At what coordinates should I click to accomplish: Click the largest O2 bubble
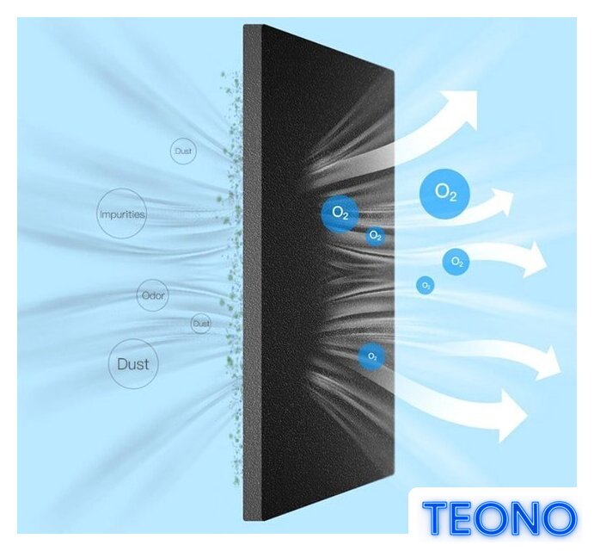(x=444, y=194)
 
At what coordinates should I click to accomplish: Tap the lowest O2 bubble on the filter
(x=372, y=356)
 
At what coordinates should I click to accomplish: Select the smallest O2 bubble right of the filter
(x=425, y=285)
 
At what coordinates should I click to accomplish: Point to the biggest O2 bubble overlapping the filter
(x=340, y=214)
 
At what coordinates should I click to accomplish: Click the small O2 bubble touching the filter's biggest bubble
(x=375, y=236)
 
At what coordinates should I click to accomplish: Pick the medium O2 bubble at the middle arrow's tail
(x=456, y=262)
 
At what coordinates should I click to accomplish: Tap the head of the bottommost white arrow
(x=513, y=416)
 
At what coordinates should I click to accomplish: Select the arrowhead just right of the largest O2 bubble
(x=502, y=203)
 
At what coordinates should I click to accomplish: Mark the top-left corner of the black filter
(x=244, y=25)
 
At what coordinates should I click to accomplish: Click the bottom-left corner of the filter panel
(x=244, y=519)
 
